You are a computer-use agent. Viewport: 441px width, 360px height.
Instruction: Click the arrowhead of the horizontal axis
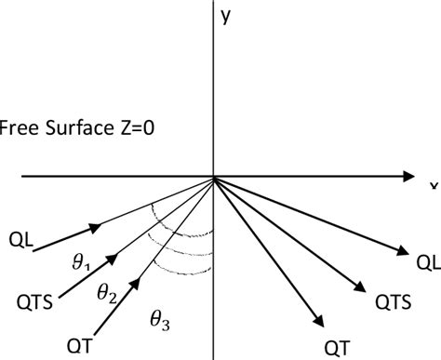click(408, 176)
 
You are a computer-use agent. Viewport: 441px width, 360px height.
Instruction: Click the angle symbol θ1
click(124, 240)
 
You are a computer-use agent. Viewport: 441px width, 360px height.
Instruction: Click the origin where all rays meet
click(216, 176)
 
